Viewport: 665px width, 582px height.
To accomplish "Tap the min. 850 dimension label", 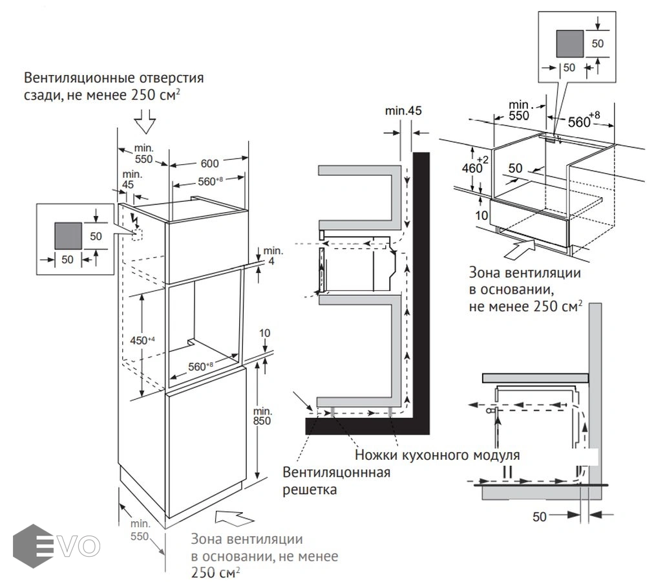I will coord(262,415).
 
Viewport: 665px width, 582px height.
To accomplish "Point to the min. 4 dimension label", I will coord(273,255).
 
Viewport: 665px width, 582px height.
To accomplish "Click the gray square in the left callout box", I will coord(68,235).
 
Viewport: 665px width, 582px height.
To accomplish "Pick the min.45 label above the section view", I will coord(404,111).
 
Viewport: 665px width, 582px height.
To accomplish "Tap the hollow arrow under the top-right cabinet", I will coord(521,246).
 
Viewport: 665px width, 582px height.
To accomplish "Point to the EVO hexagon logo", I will coord(30,544).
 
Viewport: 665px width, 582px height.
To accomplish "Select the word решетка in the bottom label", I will coord(310,490).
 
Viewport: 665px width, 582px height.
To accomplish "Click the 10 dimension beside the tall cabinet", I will coord(265,334).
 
